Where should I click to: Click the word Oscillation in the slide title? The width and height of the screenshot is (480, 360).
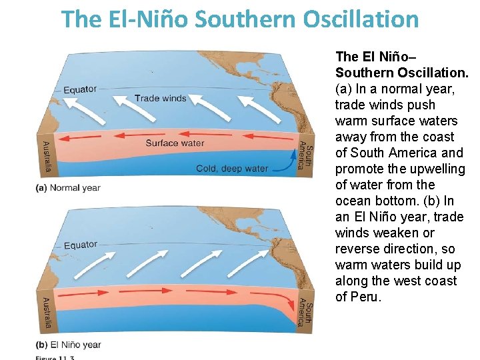[361, 19]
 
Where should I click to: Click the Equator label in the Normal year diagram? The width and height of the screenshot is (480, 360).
[80, 89]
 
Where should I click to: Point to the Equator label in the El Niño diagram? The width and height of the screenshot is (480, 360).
[80, 245]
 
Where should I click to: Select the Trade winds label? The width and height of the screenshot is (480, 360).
[160, 98]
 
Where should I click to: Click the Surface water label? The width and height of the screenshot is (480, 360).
[175, 143]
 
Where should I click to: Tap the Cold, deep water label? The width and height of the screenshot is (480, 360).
[232, 169]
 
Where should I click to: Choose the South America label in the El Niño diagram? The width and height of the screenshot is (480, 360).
[304, 311]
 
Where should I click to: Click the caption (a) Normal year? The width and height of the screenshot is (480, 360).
[67, 188]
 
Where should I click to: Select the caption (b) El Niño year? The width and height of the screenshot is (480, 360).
[68, 345]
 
